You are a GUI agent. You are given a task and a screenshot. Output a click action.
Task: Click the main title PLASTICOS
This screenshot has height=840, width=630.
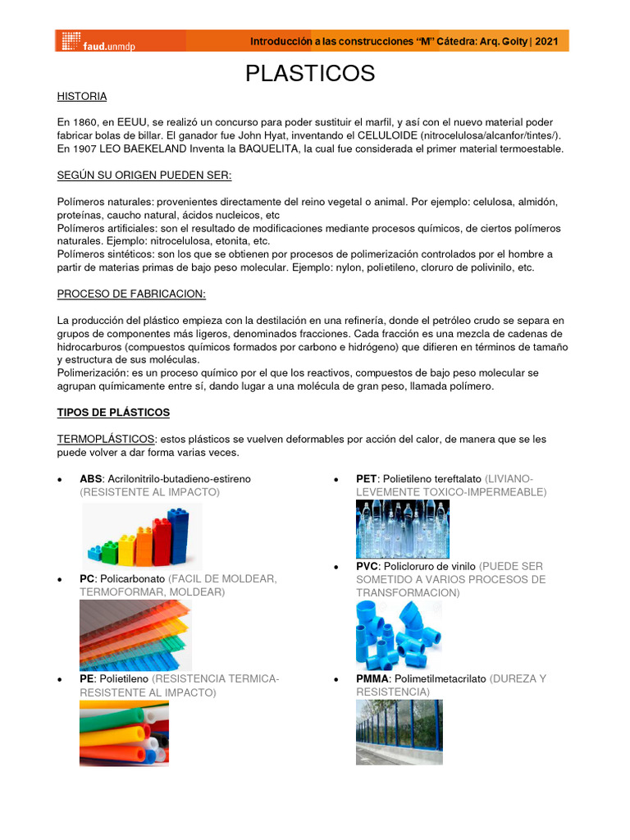tap(310, 73)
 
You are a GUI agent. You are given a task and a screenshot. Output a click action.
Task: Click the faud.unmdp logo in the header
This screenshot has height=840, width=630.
tap(98, 42)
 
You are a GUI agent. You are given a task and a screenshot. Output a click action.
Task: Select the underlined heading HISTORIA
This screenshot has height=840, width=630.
tap(82, 97)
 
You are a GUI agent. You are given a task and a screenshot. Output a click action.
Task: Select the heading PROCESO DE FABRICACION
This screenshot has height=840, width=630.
tap(131, 294)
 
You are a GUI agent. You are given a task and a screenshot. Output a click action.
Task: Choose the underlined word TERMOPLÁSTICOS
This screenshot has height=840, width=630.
tap(105, 440)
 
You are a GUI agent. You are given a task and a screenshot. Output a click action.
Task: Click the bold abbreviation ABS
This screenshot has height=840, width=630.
tap(90, 478)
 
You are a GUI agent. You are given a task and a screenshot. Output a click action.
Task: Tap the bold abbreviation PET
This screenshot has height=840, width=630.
tap(366, 478)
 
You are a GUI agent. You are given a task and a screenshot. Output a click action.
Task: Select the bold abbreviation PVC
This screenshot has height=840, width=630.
tap(367, 567)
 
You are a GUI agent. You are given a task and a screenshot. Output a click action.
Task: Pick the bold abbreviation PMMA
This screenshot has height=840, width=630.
tap(372, 679)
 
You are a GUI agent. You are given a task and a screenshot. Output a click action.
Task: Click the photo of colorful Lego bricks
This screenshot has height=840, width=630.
tap(142, 536)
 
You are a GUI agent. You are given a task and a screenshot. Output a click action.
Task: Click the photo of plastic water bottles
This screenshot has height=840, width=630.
tap(402, 529)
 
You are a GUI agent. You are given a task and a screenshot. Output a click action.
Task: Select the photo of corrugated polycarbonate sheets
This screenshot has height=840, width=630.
tap(135, 635)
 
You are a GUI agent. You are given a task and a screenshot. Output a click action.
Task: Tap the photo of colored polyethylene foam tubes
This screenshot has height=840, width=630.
tap(124, 733)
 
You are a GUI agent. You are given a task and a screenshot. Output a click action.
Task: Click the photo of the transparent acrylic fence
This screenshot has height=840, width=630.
tap(399, 732)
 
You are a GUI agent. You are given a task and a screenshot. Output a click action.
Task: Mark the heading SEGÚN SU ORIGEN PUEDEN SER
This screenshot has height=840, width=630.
tap(144, 176)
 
